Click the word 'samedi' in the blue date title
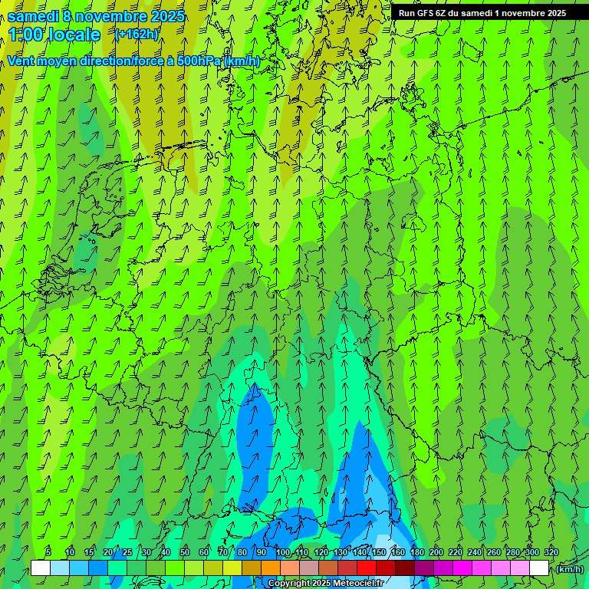point(34,16)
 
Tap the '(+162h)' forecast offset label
point(137,34)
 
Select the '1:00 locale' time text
point(54,35)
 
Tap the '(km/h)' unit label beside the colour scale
point(569,569)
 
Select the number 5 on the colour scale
point(48,552)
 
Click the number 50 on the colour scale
point(184,552)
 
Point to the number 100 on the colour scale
point(282,552)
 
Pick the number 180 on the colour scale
point(416,552)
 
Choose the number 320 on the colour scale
point(551,552)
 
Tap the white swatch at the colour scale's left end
point(40,568)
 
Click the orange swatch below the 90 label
point(270,568)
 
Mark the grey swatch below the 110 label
point(308,568)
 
